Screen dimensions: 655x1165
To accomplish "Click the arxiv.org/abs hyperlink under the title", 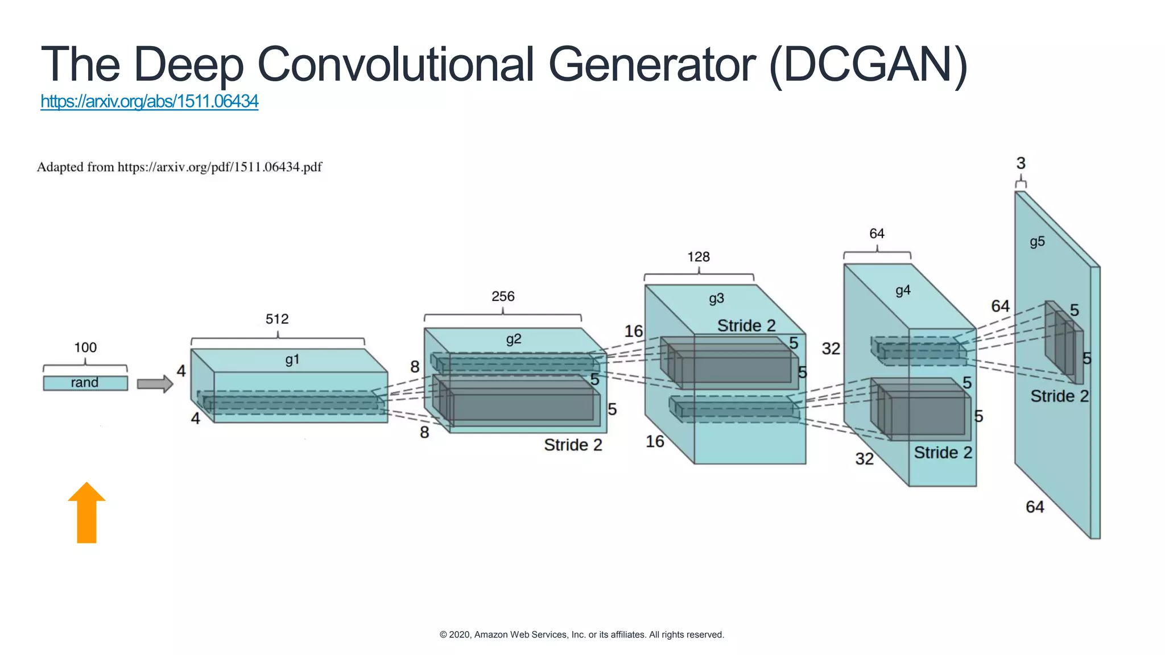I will point(149,101).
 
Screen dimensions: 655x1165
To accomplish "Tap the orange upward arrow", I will point(86,513).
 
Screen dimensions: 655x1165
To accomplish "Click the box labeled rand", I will point(85,383).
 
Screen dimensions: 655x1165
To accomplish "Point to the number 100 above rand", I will point(85,347).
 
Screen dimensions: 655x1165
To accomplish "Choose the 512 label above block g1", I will point(277,319).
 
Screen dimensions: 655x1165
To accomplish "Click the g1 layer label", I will point(292,359).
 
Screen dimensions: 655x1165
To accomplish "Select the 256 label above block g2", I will point(503,296).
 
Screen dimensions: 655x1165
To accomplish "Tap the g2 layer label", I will point(513,339).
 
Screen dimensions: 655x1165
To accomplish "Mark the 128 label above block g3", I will point(699,257).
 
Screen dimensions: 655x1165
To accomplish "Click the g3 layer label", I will point(716,299).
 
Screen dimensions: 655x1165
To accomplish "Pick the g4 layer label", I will point(903,291).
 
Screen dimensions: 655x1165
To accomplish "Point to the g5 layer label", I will point(1037,242).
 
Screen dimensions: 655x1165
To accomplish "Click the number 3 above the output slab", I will point(1021,164).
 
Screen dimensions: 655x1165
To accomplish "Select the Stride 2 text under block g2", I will point(573,445).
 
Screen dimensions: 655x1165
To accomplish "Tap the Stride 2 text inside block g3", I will point(746,326).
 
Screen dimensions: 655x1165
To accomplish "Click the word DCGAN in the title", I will point(867,64).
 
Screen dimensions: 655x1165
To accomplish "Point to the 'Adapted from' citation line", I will point(179,167).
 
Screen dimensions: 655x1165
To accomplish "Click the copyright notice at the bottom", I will point(582,635).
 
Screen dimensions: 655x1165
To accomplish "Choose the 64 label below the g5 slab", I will point(1035,507).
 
